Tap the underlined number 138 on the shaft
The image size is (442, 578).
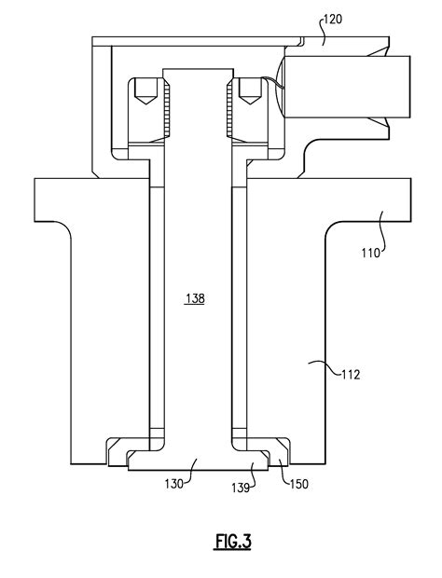pos(195,298)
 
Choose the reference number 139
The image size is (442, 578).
pos(242,486)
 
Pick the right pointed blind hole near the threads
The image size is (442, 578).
pos(247,91)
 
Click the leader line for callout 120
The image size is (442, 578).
pos(313,29)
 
